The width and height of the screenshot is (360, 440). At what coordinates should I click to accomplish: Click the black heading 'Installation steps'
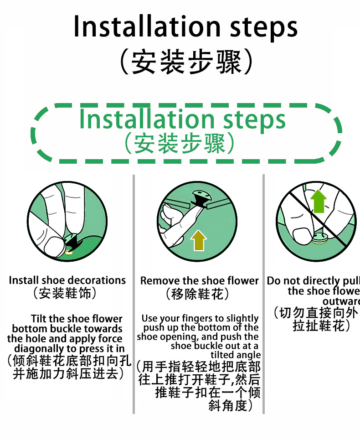[x=185, y=27]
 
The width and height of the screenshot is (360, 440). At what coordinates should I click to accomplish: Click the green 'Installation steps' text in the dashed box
[x=182, y=119]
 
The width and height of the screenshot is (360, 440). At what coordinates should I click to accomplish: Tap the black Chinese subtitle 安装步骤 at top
[x=185, y=62]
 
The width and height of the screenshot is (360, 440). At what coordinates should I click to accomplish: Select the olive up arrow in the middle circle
[x=198, y=240]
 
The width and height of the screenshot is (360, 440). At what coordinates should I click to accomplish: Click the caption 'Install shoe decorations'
[x=67, y=280]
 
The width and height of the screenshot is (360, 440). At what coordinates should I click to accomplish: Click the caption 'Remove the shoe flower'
[x=199, y=280]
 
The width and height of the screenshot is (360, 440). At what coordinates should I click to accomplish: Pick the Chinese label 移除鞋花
[x=198, y=294]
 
